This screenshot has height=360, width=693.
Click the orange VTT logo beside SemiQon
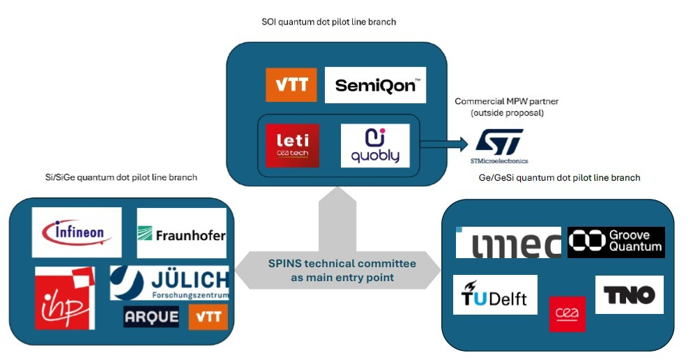click(x=291, y=85)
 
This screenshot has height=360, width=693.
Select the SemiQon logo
click(x=375, y=85)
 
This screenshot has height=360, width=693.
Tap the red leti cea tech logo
click(x=292, y=145)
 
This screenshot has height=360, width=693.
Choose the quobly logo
click(x=375, y=145)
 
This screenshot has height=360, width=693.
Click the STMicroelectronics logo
click(x=499, y=144)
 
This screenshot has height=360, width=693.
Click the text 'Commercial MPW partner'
click(x=506, y=102)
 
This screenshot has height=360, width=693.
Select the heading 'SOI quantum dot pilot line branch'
click(x=323, y=22)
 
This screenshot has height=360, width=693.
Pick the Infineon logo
click(x=77, y=232)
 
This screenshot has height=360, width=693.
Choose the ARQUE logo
click(x=146, y=317)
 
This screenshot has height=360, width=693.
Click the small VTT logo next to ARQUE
click(x=208, y=317)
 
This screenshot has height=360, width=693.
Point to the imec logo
click(x=508, y=243)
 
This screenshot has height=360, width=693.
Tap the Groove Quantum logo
click(x=616, y=242)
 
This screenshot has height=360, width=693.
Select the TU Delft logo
click(x=495, y=295)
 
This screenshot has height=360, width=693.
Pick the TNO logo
click(x=629, y=294)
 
